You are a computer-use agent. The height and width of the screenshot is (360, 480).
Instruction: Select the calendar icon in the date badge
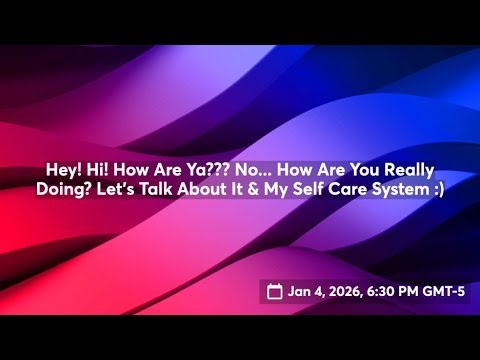pos(275,292)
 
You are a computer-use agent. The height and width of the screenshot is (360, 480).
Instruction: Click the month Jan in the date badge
pos(299,292)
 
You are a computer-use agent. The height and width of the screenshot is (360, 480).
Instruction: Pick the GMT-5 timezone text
pos(442,292)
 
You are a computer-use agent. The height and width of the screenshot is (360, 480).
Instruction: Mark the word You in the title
pos(357,171)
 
